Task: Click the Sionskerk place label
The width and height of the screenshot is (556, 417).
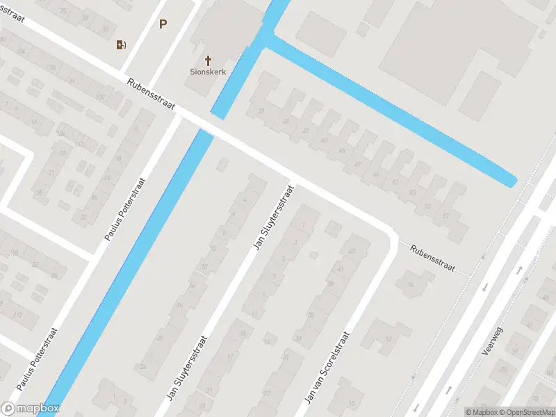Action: pos(208,72)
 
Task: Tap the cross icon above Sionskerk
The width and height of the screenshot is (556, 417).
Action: pos(208,60)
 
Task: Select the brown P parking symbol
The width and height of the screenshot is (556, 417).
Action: pos(163,24)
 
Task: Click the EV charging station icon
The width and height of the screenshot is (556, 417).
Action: pos(121,45)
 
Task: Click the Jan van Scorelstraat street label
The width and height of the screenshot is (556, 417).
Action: pos(326,368)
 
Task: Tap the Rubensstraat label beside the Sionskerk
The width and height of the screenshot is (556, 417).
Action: pos(150,94)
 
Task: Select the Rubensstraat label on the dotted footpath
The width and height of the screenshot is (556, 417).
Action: pos(431,259)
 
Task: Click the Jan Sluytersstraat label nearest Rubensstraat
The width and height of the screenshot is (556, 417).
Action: pos(271,218)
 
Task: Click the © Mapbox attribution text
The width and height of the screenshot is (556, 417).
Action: pos(481,412)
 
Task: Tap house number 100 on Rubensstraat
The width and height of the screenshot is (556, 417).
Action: pos(99,96)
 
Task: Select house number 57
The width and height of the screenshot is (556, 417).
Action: pos(445,216)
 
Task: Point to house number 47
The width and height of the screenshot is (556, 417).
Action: pos(358,164)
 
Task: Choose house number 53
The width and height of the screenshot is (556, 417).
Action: pos(413,193)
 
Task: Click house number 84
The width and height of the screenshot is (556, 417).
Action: pos(22,51)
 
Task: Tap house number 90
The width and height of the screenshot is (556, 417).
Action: pos(53,67)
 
